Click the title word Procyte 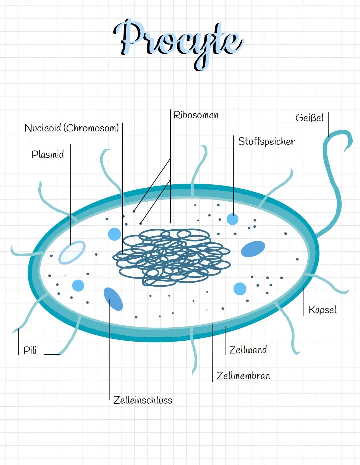pos(178,44)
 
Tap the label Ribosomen pos(196,115)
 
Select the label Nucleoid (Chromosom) pos(72,128)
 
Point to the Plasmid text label pos(48,154)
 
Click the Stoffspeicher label pos(267,141)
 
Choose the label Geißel pos(310,118)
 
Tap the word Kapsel pos(323,310)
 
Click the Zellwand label pos(248,350)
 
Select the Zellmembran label pos(243,376)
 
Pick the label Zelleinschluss pos(143,400)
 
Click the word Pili pos(30,350)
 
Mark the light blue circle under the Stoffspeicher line pos(233,219)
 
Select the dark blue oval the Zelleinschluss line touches pos(113,299)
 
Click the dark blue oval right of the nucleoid pos(253,249)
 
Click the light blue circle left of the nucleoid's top pos(115,234)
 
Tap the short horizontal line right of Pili pos(52,355)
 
